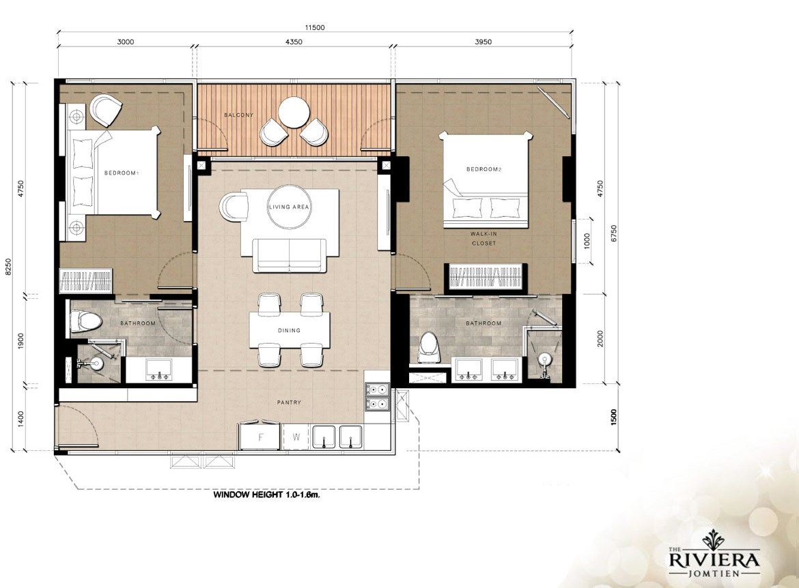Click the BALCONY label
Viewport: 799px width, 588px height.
(238, 115)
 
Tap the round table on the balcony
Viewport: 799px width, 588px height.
(293, 112)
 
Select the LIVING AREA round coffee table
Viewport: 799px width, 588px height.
(288, 206)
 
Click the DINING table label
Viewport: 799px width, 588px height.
(289, 330)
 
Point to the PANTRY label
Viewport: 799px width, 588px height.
(289, 402)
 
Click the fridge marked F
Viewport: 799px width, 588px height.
(260, 437)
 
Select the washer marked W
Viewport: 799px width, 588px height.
(296, 437)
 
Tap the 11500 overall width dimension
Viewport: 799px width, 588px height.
(315, 27)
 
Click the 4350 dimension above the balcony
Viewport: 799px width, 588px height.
(293, 42)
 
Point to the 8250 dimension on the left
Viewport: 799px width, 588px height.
(8, 266)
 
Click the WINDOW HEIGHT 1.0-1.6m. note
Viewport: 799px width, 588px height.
(266, 495)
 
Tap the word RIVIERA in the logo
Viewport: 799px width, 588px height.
(714, 561)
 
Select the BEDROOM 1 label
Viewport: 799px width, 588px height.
(122, 173)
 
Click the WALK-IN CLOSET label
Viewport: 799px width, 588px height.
(483, 238)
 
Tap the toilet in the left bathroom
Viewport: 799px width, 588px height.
(86, 321)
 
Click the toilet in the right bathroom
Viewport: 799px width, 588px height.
(429, 347)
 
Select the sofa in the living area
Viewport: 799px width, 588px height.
(290, 255)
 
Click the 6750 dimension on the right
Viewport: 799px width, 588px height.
(613, 234)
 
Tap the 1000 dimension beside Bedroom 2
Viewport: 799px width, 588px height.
(587, 240)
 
